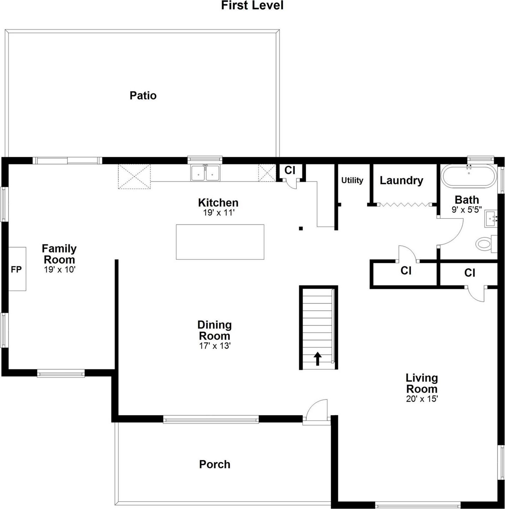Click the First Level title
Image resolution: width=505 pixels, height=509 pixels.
coord(252,6)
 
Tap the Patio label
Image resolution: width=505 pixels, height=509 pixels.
coord(143,95)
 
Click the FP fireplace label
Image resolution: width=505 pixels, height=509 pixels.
coord(16,270)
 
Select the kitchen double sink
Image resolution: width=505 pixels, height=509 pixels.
coord(205,173)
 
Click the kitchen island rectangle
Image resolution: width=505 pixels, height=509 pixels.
coord(220,242)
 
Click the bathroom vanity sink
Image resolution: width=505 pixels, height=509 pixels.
coord(491,219)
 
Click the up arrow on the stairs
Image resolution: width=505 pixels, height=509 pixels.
coord(317,359)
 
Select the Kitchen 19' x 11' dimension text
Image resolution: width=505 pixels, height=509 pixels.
coord(219,213)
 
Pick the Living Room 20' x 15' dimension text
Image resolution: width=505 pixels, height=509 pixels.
coord(422,399)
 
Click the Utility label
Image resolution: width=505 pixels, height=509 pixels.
coord(352,180)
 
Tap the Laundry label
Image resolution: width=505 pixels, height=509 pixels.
coord(401,180)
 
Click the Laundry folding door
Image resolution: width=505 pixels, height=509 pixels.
coord(404,204)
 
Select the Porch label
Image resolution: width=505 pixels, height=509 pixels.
coord(215,464)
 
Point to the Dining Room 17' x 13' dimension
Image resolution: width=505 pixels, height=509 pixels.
coord(215,346)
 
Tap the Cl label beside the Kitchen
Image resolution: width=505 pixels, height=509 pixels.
coord(290,170)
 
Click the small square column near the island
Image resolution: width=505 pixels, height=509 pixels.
coord(301,229)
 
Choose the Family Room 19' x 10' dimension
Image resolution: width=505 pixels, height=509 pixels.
coord(60,270)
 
